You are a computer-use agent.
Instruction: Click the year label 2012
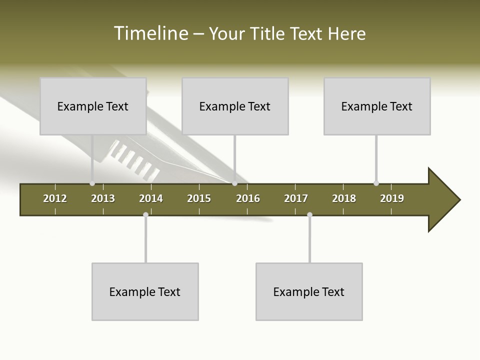[x=55, y=198]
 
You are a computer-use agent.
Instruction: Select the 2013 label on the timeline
[x=103, y=198]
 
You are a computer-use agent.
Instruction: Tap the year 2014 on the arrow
[x=151, y=198]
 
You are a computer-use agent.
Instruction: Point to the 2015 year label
[x=199, y=198]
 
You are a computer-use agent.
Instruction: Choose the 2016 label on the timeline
[x=248, y=198]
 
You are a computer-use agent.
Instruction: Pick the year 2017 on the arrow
[x=296, y=198]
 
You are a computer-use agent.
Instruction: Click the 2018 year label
[x=344, y=198]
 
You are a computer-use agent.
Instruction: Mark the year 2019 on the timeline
[x=392, y=198]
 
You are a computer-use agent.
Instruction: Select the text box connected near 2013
[x=93, y=106]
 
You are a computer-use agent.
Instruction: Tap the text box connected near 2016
[x=235, y=106]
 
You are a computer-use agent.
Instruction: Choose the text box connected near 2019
[x=377, y=106]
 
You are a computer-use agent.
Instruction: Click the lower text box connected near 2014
[x=145, y=291]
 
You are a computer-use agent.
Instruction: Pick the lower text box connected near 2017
[x=309, y=291]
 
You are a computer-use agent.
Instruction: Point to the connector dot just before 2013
[x=92, y=183]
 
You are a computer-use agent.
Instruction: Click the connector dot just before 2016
[x=235, y=183]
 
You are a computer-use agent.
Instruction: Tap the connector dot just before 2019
[x=376, y=183]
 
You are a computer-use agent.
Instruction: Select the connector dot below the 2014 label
[x=145, y=214]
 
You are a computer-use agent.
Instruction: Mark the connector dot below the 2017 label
[x=309, y=214]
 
